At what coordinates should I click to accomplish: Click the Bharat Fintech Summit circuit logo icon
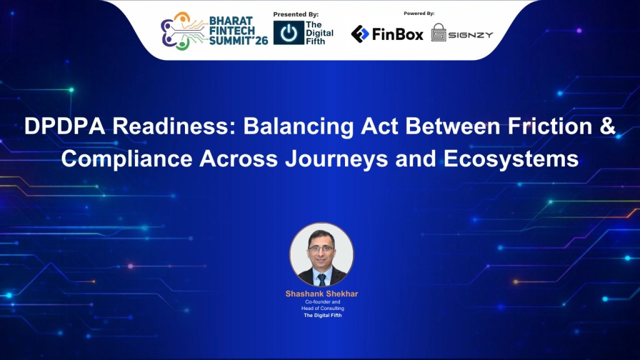coord(182,31)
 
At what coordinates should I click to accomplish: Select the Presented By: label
coord(296,14)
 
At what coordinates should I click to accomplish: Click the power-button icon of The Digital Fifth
coord(288,33)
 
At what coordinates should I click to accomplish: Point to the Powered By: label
coord(419,13)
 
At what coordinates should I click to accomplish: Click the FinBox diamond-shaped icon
coord(359,34)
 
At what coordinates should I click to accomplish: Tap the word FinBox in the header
coord(397,34)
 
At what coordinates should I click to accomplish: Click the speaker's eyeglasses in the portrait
coord(321,248)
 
